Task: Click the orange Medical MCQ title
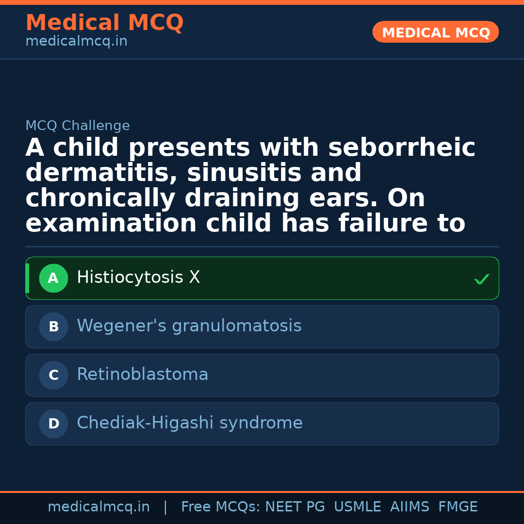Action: pyautogui.click(x=104, y=23)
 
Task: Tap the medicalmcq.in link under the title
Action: pyautogui.click(x=76, y=42)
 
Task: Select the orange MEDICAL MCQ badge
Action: pyautogui.click(x=436, y=33)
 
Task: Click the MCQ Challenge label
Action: pyautogui.click(x=78, y=126)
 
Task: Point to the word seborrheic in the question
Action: pyautogui.click(x=402, y=148)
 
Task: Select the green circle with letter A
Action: pyautogui.click(x=53, y=278)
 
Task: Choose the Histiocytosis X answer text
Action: pyautogui.click(x=138, y=278)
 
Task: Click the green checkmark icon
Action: pyautogui.click(x=481, y=279)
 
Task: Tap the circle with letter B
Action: pyautogui.click(x=53, y=327)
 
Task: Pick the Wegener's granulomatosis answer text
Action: pyautogui.click(x=189, y=326)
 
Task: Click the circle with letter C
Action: pyautogui.click(x=53, y=376)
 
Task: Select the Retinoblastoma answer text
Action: pyautogui.click(x=143, y=375)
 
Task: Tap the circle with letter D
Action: pyautogui.click(x=53, y=424)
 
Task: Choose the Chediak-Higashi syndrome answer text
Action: pyautogui.click(x=190, y=423)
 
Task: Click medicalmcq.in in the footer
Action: pyautogui.click(x=98, y=507)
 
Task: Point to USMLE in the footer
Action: pyautogui.click(x=358, y=507)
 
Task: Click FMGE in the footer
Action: pyautogui.click(x=458, y=507)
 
